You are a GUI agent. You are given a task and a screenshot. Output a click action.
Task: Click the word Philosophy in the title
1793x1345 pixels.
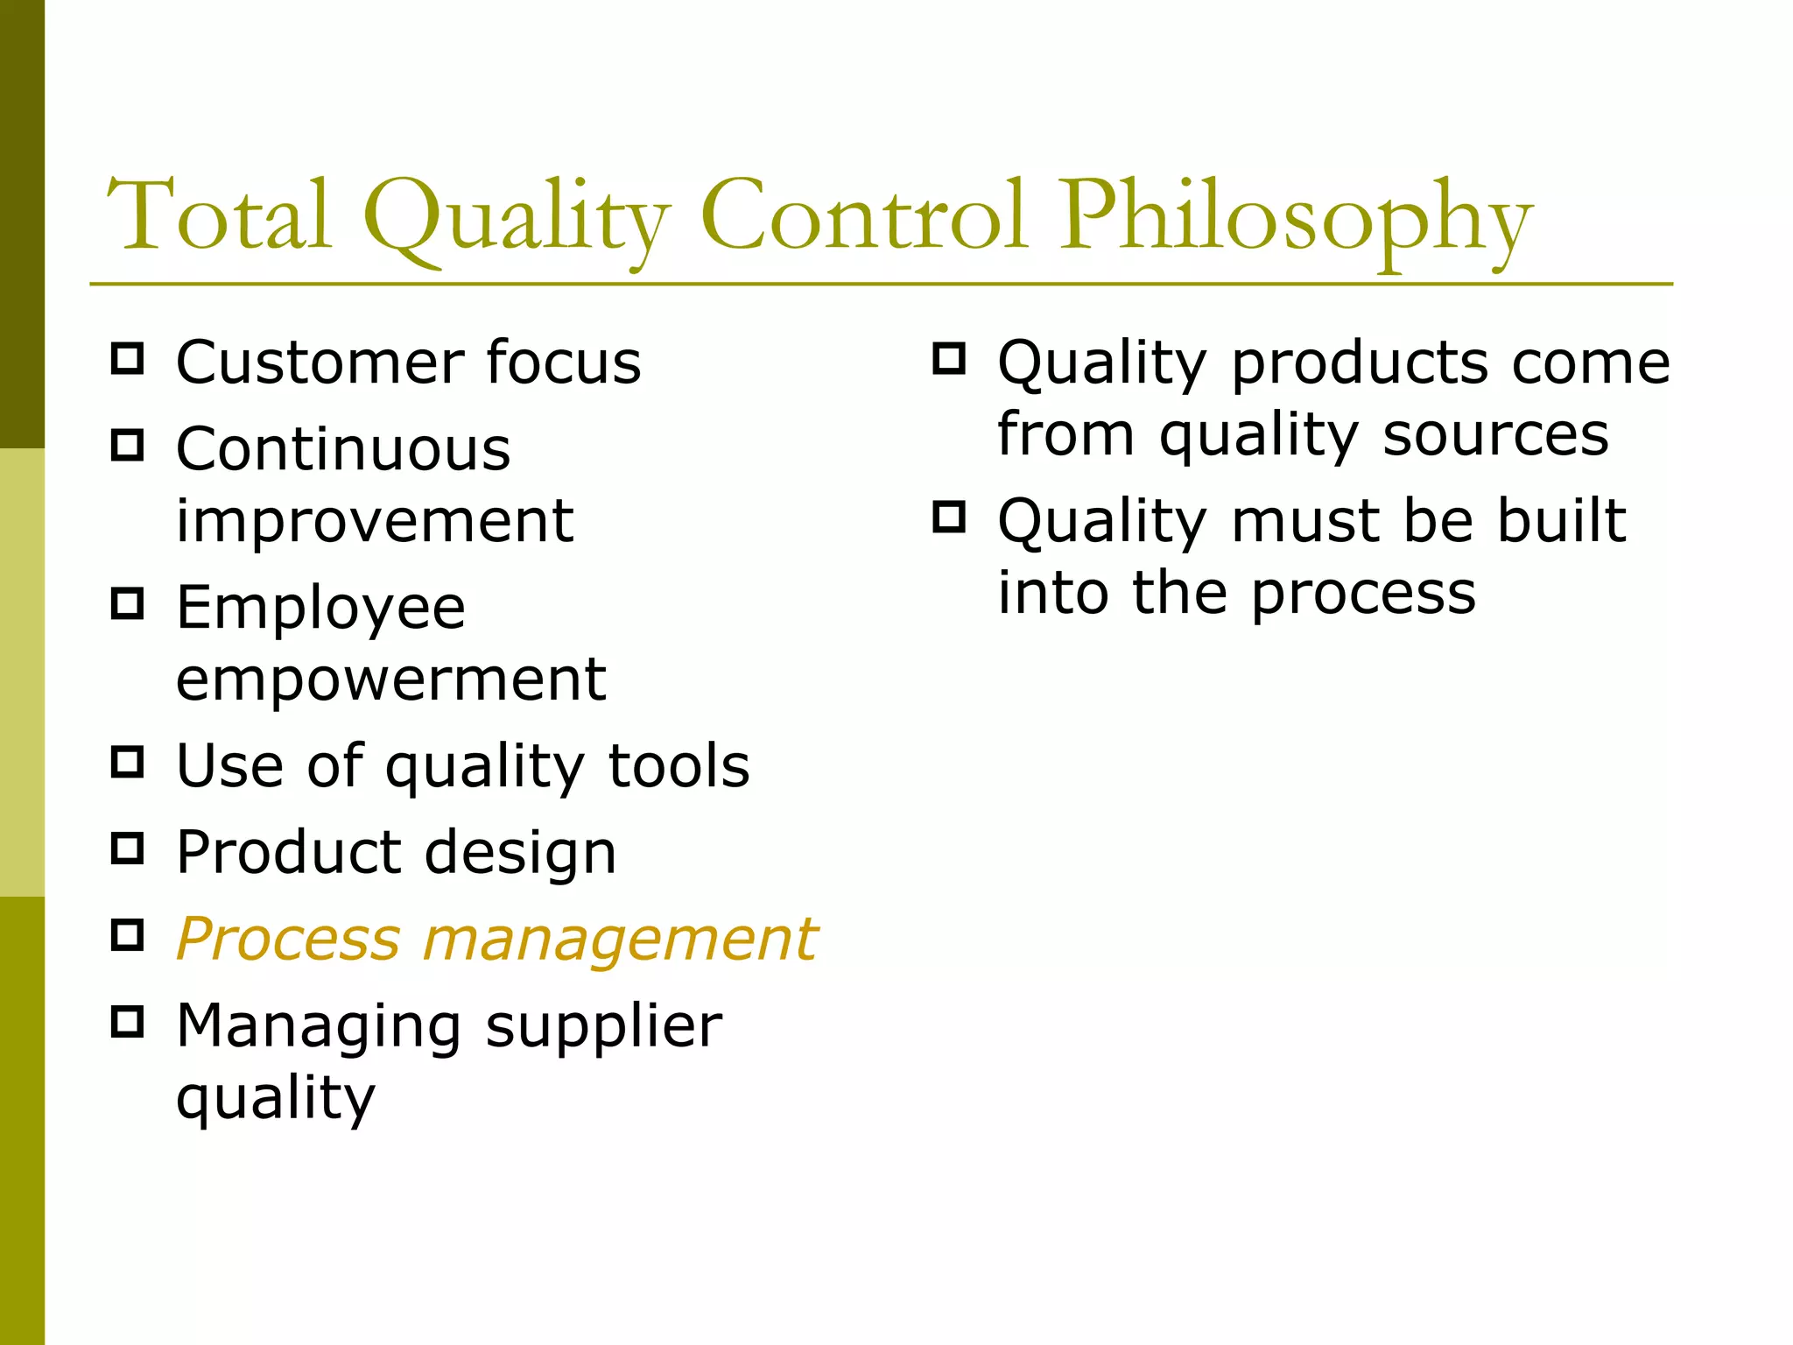1295,219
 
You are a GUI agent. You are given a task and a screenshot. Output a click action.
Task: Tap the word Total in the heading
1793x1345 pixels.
219,215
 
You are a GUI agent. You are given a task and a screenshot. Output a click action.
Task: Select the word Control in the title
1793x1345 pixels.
862,215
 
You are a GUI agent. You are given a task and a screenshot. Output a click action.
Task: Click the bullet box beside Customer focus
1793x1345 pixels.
128,359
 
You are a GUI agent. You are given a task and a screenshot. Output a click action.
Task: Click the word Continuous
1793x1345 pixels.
343,449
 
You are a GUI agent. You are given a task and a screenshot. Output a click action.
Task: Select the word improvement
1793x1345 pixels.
375,521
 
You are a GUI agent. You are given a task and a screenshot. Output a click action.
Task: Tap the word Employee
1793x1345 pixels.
320,609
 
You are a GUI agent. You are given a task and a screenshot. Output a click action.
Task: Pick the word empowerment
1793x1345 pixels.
390,680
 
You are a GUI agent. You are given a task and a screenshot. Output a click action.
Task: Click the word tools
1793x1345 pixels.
679,765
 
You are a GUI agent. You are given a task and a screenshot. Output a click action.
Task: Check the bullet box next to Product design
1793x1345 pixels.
128,849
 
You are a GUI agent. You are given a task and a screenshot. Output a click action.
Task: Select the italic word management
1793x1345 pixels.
620,940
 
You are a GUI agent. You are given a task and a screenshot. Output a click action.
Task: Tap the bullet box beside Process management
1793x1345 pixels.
128,935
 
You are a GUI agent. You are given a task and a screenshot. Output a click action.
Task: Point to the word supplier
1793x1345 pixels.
603,1026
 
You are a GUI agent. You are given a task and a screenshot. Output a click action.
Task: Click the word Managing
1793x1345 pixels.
319,1026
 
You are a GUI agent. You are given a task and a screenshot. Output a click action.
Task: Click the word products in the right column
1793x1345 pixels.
1360,363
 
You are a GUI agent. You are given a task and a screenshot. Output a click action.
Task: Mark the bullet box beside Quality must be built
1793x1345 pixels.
949,517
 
